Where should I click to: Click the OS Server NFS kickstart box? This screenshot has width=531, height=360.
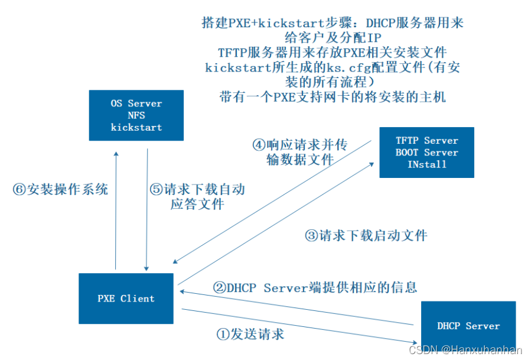136,115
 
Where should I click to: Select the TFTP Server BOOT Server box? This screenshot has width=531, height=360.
426,153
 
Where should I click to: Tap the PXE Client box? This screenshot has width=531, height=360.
126,299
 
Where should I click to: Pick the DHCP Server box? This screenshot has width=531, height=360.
468,326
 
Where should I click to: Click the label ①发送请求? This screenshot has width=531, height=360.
250,334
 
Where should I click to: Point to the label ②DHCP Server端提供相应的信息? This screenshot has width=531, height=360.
315,287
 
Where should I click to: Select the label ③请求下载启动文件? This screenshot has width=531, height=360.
366,235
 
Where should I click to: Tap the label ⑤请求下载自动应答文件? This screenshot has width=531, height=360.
197,197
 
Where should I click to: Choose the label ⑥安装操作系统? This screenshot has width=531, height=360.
60,190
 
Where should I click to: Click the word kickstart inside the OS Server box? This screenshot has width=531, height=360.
136,127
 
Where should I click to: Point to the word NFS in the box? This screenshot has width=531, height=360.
136,115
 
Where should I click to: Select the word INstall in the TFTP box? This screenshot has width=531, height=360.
426,164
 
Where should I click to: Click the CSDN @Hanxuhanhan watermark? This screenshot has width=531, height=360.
465,350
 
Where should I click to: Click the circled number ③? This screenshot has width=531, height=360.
311,235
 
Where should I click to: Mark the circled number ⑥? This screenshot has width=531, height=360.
19,190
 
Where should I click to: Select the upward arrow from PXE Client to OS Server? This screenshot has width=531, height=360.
116,210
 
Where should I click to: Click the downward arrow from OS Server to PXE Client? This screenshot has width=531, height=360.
146,210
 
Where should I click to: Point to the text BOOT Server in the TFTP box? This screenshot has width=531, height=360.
426,153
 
